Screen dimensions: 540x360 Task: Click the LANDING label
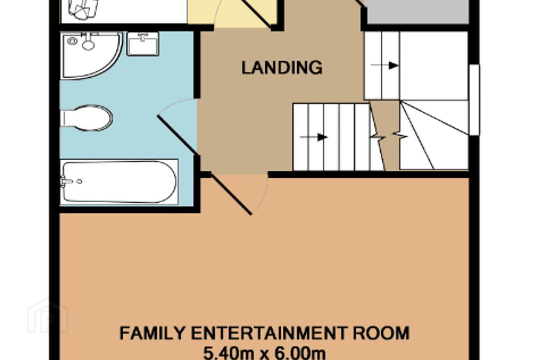click(x=282, y=68)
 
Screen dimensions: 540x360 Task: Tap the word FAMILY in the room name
click(x=152, y=333)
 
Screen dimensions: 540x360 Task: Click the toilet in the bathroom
click(x=86, y=118)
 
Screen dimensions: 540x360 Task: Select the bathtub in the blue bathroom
click(x=119, y=182)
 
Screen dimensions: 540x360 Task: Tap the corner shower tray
click(x=91, y=55)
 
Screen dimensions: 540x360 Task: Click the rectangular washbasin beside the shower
click(x=143, y=44)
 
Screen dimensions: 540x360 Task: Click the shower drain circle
click(x=72, y=41)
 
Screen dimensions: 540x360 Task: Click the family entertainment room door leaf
click(x=231, y=193)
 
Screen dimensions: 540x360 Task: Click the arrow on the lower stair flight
click(x=313, y=137)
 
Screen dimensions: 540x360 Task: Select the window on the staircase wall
click(x=474, y=100)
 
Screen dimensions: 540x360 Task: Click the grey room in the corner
click(x=416, y=12)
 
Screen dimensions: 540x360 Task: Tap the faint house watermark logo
click(x=48, y=316)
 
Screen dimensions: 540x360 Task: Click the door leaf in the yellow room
click(x=257, y=13)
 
